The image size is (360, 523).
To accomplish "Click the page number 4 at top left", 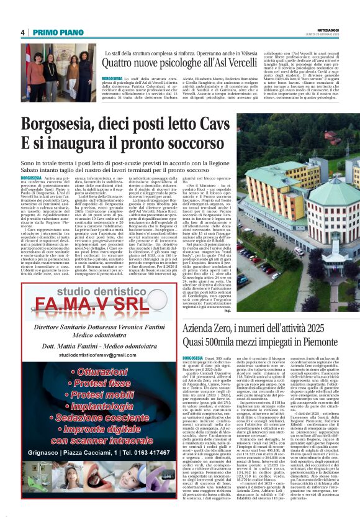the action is [22, 32].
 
